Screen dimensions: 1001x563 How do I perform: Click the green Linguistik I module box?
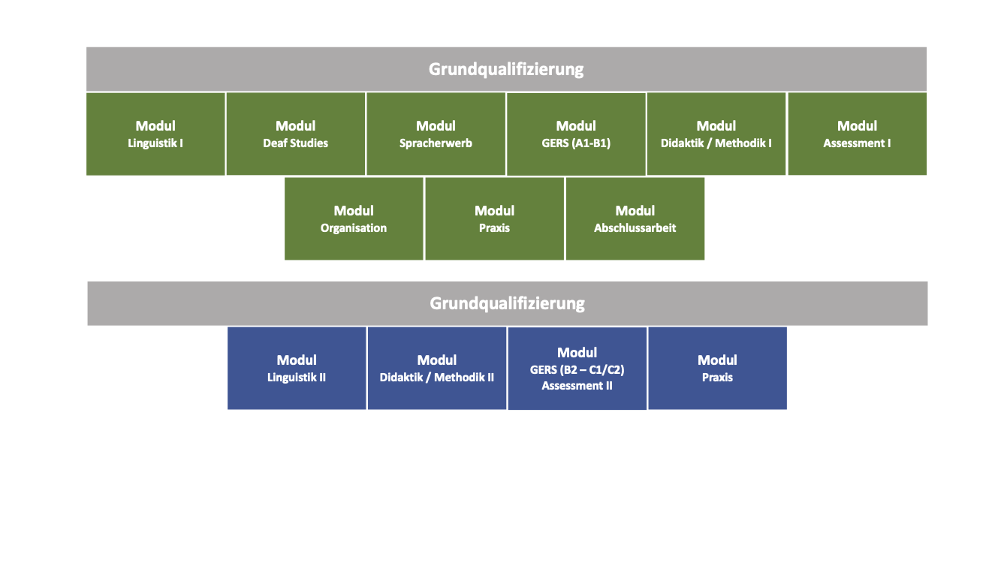155,134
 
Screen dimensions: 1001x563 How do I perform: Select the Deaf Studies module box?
296,134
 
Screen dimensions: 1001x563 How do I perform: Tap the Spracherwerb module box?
436,134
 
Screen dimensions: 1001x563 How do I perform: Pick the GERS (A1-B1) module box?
576,134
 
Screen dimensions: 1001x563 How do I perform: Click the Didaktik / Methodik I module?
716,134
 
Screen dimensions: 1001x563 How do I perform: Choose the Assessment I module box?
857,134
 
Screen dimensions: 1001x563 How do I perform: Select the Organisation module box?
354,219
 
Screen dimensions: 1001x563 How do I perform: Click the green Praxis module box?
495,219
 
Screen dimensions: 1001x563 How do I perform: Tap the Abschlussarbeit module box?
635,219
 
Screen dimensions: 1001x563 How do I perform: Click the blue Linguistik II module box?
297,368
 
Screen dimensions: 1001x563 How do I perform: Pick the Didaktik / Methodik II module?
437,368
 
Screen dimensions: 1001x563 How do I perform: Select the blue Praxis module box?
718,368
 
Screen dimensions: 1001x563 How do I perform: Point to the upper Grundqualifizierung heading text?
506,70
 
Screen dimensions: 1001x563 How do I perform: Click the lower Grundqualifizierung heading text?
507,304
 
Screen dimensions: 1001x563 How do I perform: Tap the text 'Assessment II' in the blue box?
577,386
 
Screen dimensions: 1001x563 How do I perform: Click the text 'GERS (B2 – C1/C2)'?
577,370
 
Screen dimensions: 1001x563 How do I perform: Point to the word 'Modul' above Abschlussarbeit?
635,210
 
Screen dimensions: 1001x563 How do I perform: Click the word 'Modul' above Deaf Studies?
296,125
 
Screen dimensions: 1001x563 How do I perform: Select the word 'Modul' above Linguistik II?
297,360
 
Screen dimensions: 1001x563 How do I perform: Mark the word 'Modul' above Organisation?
354,210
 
